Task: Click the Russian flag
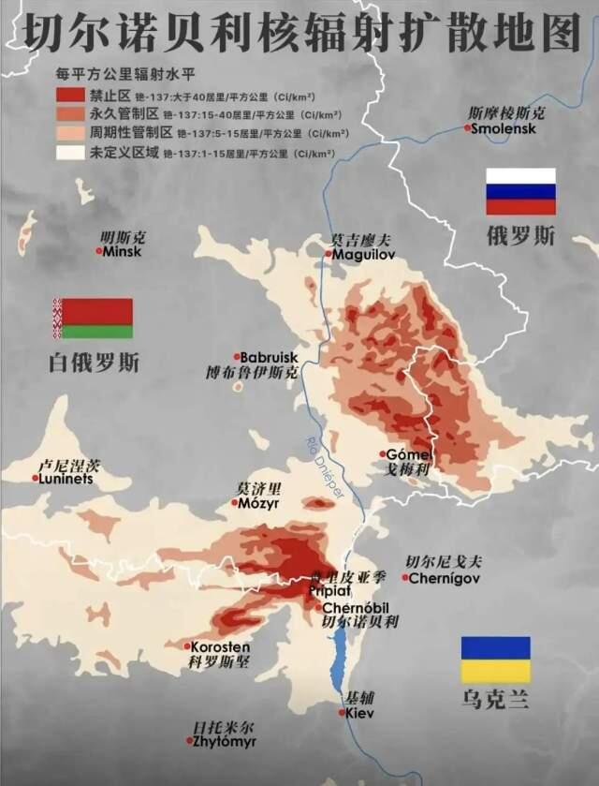tap(520, 192)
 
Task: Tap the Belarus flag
tap(93, 319)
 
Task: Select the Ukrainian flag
tap(496, 660)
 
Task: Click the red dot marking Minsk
tap(99, 251)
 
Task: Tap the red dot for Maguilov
tap(329, 254)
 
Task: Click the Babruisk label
tap(269, 357)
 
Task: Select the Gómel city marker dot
tap(382, 454)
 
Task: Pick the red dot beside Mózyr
tap(235, 503)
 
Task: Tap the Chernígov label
tap(445, 579)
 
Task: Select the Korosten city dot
tap(187, 646)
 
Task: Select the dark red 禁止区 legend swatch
tap(69, 95)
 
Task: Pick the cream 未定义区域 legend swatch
tap(69, 152)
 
